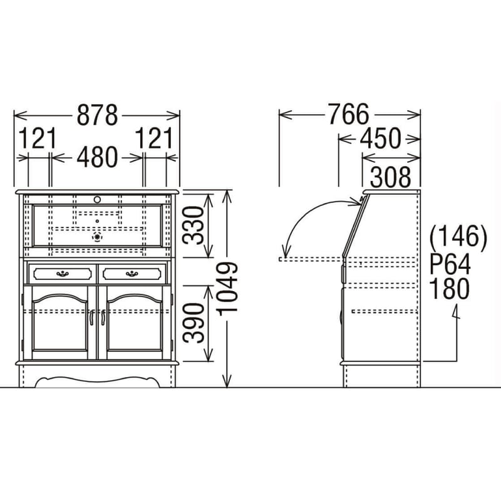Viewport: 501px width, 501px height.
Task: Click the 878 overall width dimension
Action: (x=97, y=115)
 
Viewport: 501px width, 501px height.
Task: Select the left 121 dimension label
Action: (x=38, y=138)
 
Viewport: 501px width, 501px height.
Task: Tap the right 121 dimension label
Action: (x=154, y=138)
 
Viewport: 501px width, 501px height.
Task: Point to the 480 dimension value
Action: (x=97, y=157)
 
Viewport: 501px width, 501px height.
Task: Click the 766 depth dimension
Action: (x=349, y=114)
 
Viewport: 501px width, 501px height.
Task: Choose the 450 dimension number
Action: (x=380, y=138)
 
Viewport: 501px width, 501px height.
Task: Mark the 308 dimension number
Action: (x=390, y=177)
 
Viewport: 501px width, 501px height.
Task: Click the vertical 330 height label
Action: (x=193, y=225)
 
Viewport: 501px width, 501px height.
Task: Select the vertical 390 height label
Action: (x=193, y=323)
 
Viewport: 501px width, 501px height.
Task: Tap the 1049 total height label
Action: (x=227, y=289)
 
